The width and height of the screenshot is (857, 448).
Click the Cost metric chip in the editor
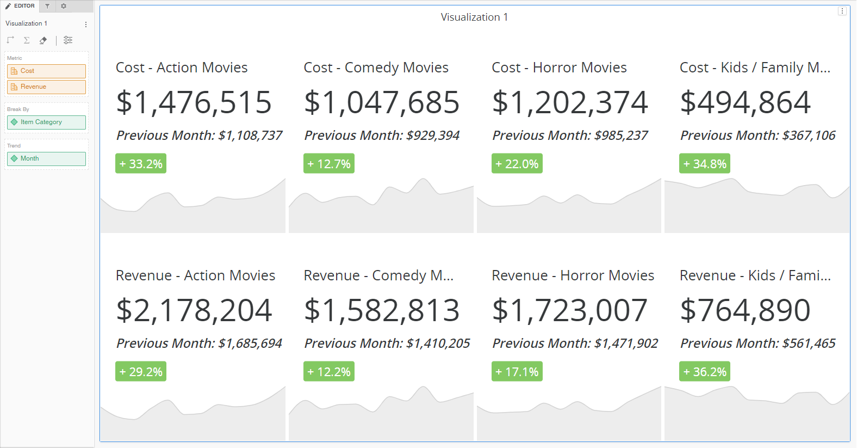pos(46,71)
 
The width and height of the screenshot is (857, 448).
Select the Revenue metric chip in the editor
pos(46,87)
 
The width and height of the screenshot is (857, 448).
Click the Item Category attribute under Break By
pos(46,122)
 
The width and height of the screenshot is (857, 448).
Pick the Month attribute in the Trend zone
pos(46,159)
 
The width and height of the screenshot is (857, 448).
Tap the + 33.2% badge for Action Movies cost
pos(141,164)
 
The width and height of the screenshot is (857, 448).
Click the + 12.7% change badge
pos(329,164)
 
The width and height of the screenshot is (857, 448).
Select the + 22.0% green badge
pos(517,164)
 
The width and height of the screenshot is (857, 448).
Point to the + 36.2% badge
pos(705,372)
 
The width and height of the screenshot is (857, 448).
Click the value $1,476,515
pos(194,102)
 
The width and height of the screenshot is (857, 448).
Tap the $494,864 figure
pos(746,102)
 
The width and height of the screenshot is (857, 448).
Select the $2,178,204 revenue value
pos(194,310)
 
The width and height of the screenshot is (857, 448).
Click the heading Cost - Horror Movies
pos(559,67)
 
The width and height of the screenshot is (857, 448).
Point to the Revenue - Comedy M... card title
pos(378,275)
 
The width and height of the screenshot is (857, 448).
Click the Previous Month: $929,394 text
pos(382,136)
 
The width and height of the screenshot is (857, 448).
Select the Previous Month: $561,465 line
pos(757,343)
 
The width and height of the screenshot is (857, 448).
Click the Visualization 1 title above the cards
pos(474,17)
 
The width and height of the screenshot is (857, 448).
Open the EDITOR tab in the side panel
pos(20,6)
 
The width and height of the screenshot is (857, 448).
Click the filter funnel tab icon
pos(47,6)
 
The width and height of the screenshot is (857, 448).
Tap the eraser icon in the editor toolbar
pos(43,40)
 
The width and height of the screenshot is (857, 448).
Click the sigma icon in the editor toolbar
pos(27,40)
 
